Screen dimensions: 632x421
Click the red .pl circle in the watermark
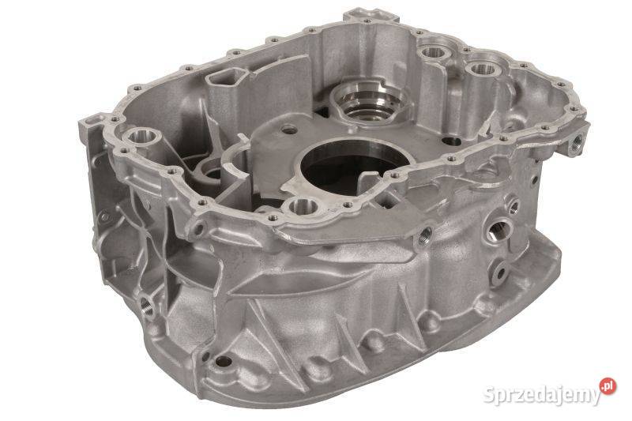(608, 386)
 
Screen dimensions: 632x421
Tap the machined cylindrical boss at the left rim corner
(141, 137)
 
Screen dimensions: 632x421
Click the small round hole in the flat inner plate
(288, 130)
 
